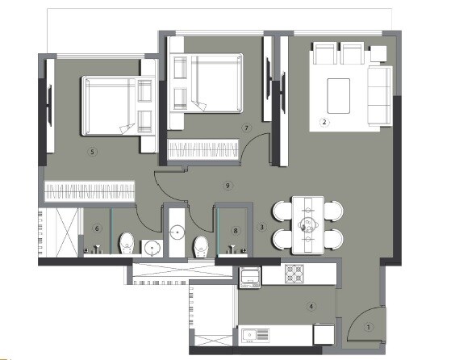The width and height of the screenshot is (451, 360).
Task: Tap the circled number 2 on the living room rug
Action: click(324, 122)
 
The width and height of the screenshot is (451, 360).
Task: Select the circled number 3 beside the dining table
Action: click(262, 227)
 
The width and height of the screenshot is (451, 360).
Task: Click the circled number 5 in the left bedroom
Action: click(93, 151)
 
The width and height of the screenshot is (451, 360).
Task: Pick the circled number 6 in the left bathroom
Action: click(97, 228)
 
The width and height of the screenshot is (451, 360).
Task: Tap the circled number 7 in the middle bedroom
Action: click(246, 128)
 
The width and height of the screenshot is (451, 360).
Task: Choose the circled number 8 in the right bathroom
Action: click(236, 230)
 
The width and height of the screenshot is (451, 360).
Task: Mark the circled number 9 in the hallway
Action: click(228, 186)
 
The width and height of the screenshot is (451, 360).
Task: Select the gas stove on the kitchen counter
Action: click(293, 274)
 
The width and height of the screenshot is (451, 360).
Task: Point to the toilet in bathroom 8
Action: click(202, 243)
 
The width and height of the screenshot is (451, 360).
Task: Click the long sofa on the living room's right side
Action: click(379, 96)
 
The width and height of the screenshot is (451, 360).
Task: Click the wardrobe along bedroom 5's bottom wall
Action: click(89, 192)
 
